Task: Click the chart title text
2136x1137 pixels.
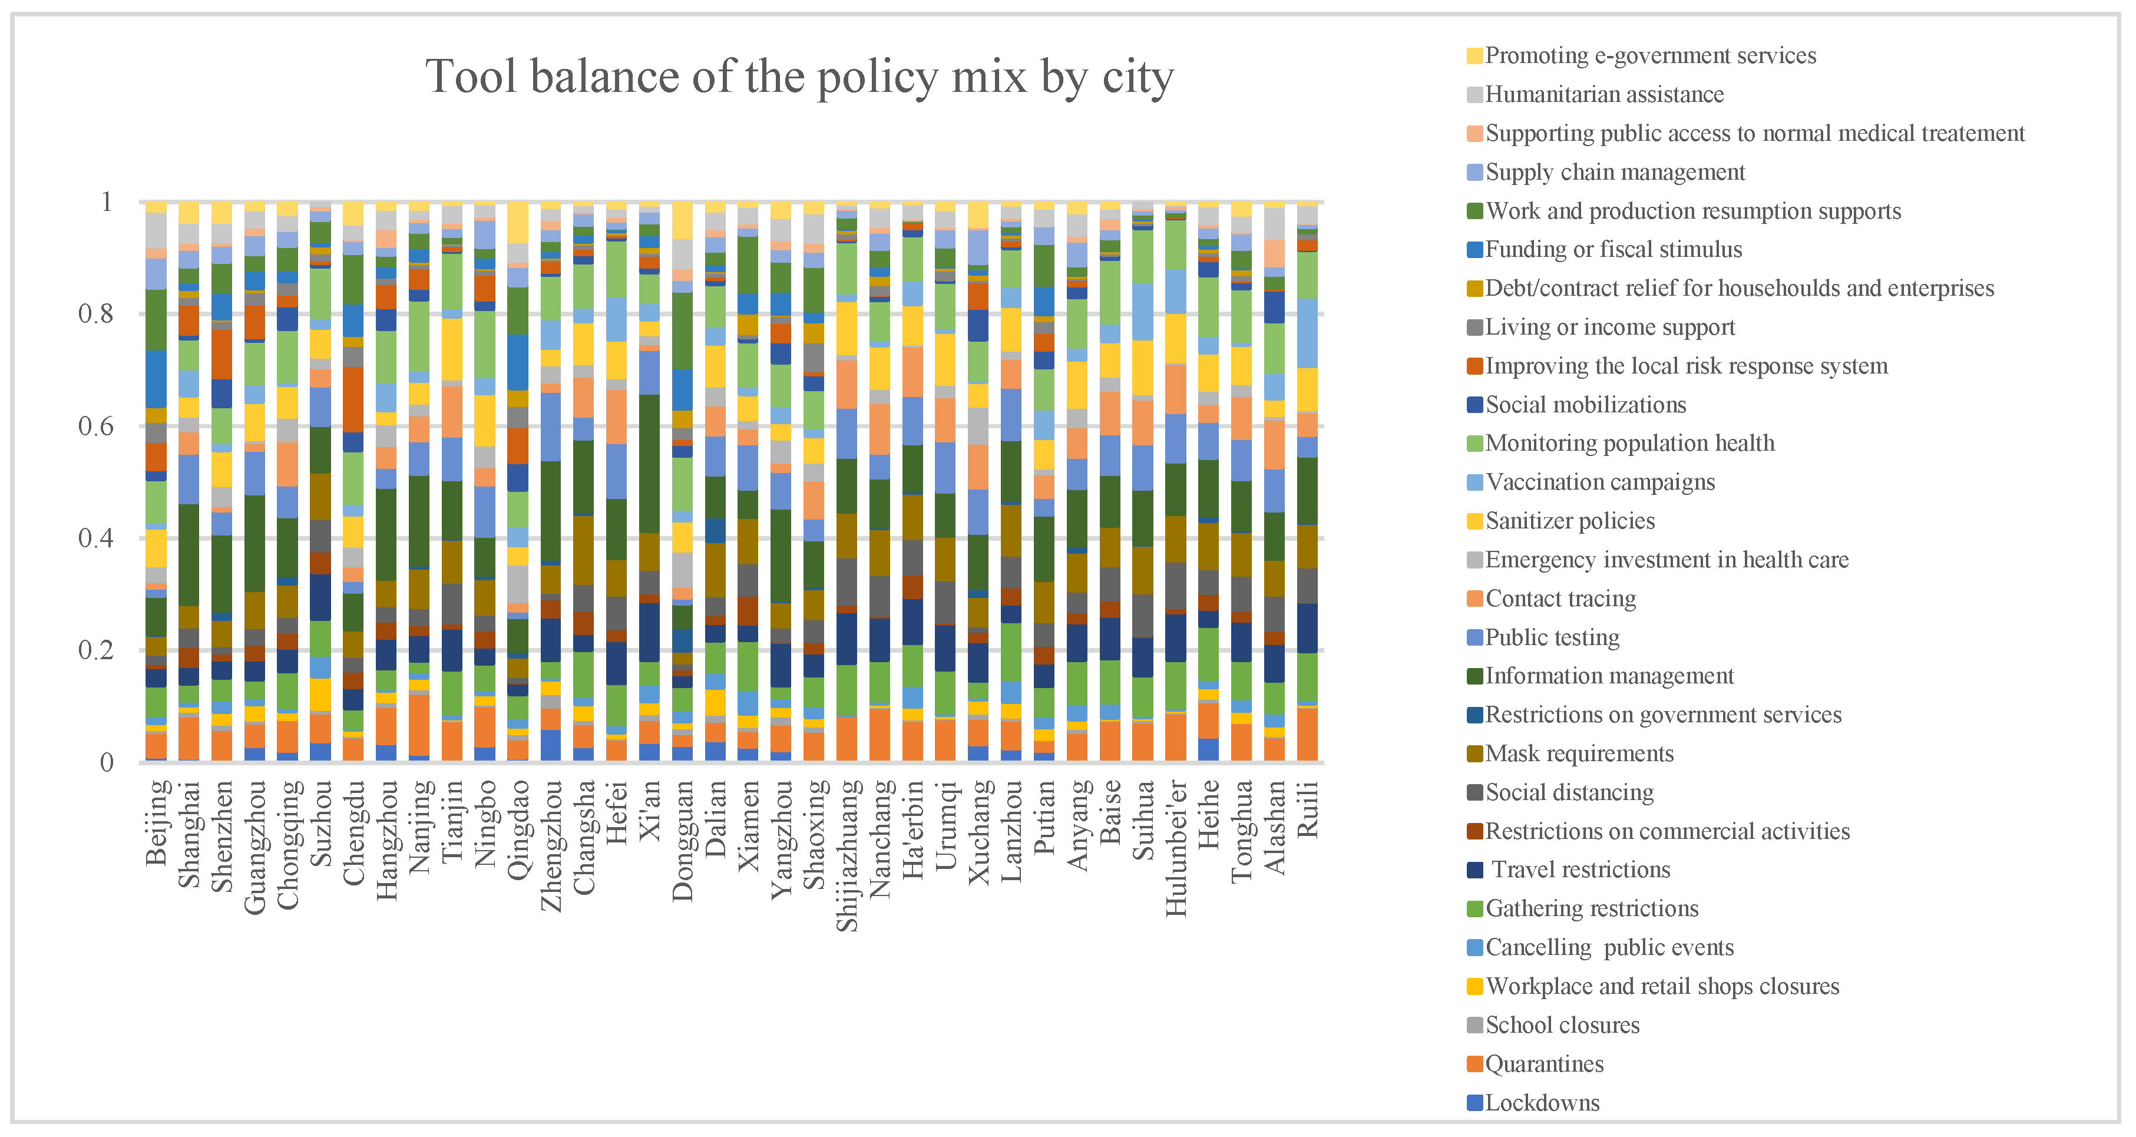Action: tap(799, 78)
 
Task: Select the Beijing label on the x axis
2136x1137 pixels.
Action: tap(157, 822)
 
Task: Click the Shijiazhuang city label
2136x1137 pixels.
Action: tap(847, 855)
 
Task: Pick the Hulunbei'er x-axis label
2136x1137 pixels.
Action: tap(1176, 848)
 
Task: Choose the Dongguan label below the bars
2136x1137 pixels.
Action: tap(682, 840)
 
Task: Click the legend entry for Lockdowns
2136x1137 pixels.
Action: tap(1542, 1103)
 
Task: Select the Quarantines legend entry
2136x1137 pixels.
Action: tap(1544, 1064)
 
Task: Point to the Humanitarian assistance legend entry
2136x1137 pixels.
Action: tap(1603, 94)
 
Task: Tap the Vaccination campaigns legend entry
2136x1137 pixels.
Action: tap(1599, 482)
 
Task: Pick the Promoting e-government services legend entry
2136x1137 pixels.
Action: tap(1650, 55)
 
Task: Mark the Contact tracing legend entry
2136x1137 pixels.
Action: tap(1560, 599)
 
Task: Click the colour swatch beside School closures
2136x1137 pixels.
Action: tap(1474, 1026)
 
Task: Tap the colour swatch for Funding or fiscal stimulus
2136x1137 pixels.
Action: tap(1474, 250)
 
